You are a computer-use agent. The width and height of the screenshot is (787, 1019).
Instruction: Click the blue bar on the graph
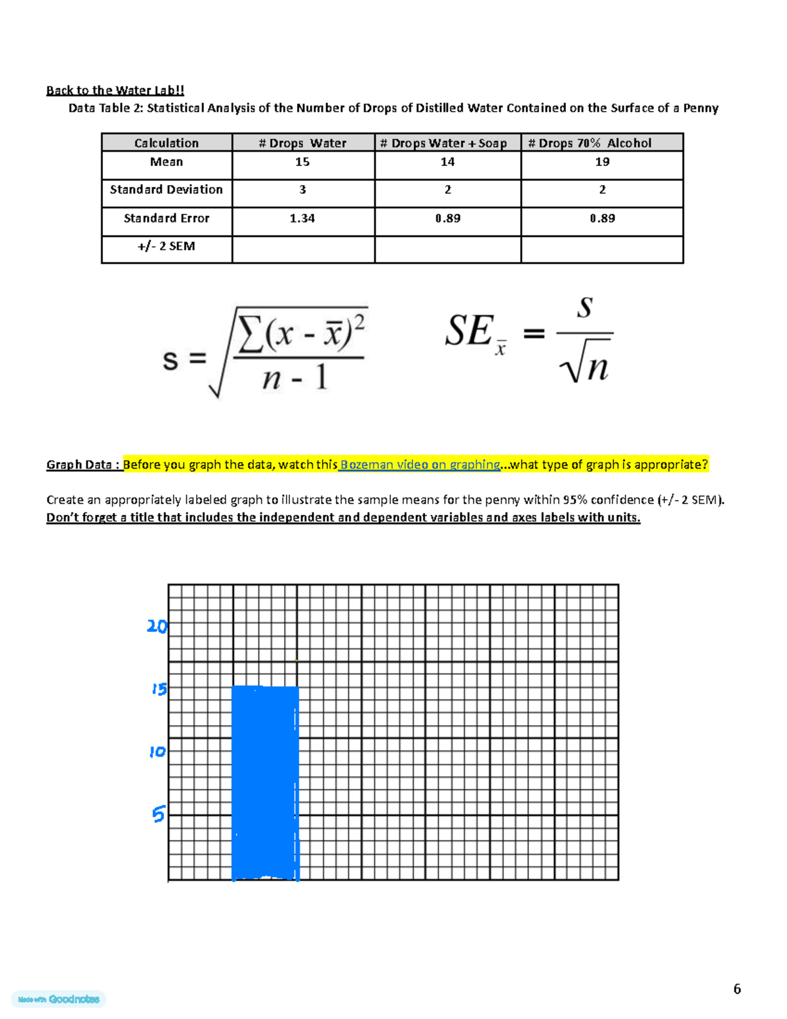[x=266, y=782]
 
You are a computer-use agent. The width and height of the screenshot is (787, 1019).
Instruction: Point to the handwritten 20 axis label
[x=157, y=627]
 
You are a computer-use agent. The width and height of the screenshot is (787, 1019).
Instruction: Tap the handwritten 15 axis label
[x=159, y=689]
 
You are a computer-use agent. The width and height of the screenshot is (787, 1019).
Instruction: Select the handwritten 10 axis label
[x=157, y=751]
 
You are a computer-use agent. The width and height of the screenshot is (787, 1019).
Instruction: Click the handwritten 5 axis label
[x=158, y=814]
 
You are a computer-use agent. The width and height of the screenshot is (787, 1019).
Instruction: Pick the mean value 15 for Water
[x=302, y=162]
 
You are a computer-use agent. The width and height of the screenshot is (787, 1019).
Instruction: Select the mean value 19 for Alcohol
[x=602, y=162]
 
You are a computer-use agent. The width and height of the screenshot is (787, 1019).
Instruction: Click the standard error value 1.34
[x=302, y=218]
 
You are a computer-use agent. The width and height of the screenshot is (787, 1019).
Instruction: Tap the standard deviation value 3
[x=302, y=190]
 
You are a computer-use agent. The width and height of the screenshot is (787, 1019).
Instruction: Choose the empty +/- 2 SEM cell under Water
[x=303, y=249]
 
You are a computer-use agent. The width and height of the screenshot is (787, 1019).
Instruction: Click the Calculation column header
[x=167, y=143]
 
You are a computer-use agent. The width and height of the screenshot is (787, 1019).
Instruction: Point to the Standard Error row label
[x=167, y=218]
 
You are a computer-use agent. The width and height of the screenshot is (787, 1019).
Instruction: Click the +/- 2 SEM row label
[x=167, y=247]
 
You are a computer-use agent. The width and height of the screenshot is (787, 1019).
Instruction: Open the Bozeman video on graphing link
[x=420, y=465]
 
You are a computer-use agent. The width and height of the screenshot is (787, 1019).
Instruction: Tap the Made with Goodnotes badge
[x=59, y=999]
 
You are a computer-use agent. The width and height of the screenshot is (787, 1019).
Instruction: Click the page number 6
[x=737, y=989]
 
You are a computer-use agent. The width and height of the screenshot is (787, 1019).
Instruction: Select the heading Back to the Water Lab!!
[x=115, y=91]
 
